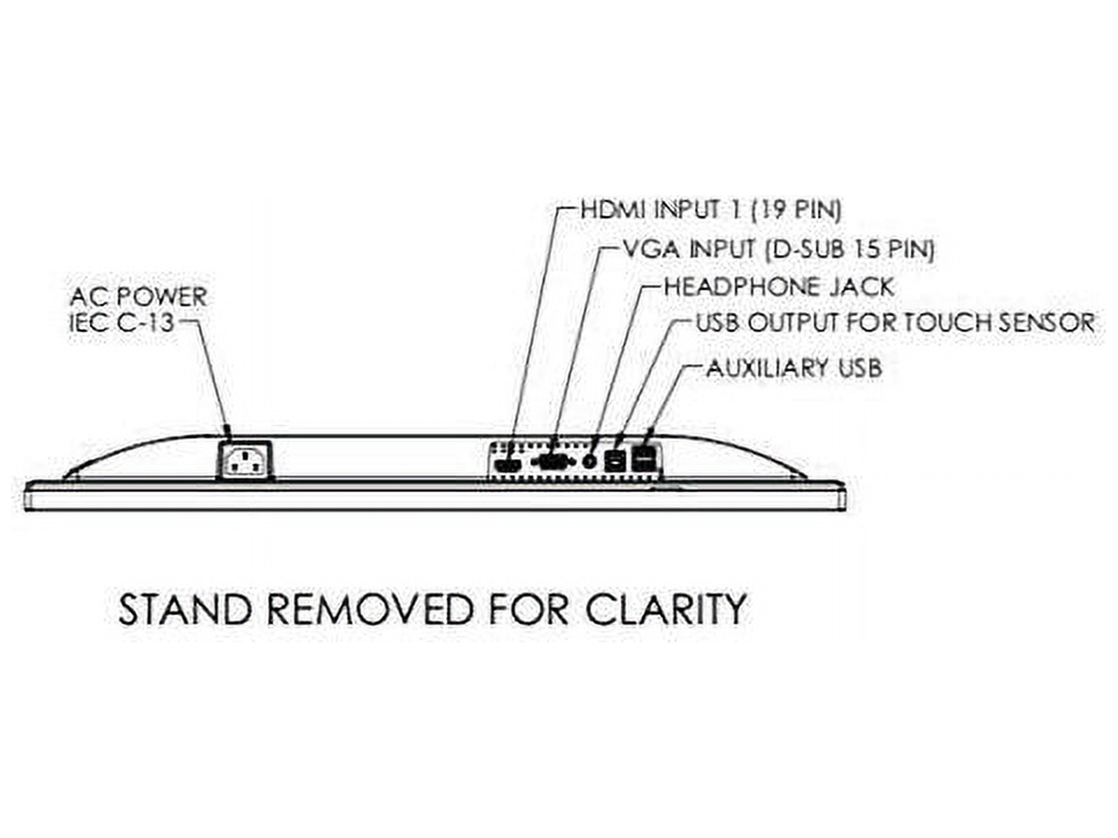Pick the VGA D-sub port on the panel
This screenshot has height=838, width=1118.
tap(552, 462)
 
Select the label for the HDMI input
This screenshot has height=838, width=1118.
tap(711, 209)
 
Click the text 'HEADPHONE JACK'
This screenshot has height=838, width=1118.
tap(779, 286)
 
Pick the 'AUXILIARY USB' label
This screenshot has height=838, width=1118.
tap(794, 368)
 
